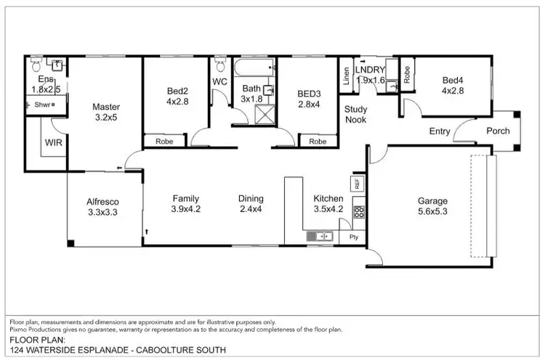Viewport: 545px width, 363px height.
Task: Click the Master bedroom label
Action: tap(106, 113)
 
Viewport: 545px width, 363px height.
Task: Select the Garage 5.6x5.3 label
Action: tap(432, 207)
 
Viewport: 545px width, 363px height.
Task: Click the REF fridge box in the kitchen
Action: tap(357, 184)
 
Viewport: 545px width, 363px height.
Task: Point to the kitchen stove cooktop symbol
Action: tap(358, 212)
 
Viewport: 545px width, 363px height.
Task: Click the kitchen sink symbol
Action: tap(320, 235)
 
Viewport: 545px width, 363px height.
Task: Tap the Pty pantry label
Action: tap(354, 237)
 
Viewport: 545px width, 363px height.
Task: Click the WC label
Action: tap(220, 82)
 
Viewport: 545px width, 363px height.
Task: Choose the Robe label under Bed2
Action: tap(163, 142)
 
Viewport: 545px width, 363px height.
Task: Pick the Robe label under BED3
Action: tap(318, 142)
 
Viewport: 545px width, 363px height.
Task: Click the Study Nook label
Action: tap(355, 114)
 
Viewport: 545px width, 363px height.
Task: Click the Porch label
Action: tap(498, 131)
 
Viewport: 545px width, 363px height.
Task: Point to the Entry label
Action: tap(440, 131)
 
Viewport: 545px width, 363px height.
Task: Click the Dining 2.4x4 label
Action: tap(251, 204)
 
